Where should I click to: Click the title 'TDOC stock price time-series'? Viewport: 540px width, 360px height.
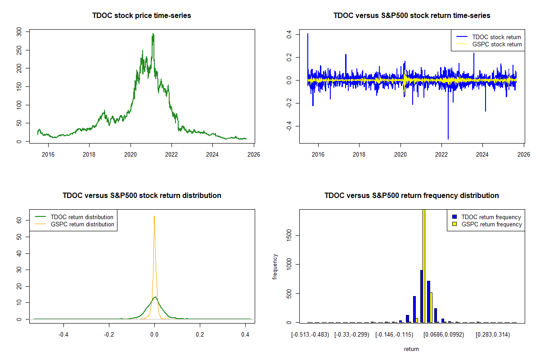pos(142,16)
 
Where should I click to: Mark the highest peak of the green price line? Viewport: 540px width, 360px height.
pos(153,34)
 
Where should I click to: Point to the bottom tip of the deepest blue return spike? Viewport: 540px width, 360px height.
pos(448,139)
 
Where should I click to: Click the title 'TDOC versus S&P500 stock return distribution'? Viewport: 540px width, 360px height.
pos(142,196)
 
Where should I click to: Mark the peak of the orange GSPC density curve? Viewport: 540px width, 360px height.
pos(154,216)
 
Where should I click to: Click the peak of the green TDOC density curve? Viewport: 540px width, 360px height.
pos(155,297)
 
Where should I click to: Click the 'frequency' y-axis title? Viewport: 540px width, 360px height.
pos(275,267)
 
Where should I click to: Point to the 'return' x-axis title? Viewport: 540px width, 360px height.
pos(411,349)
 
